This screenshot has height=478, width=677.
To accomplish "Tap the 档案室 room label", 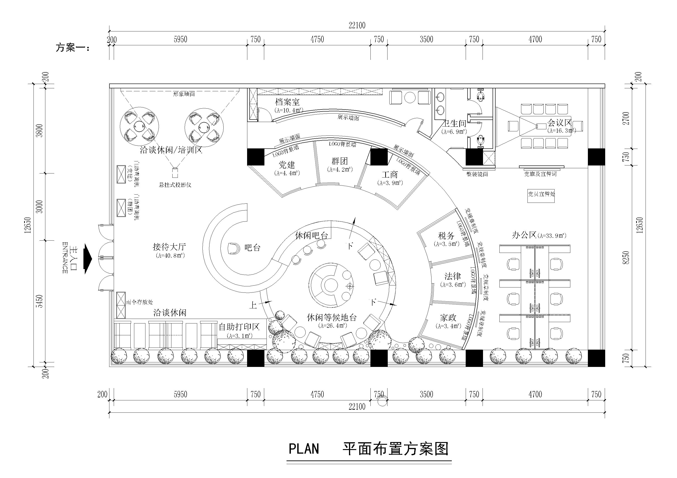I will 287,102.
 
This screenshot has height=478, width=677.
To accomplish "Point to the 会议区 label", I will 559,122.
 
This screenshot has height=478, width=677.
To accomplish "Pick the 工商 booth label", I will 390,175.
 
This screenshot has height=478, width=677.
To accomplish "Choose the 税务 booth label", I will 446,236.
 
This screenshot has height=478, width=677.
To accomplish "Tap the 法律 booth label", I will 453,276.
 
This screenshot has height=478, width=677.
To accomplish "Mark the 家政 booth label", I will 448,318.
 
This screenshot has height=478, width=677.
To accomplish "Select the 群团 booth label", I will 339,161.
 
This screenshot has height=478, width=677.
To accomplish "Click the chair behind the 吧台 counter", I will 235,248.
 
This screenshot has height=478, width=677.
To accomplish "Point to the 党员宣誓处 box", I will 541,194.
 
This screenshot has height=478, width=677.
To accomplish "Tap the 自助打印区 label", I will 239,327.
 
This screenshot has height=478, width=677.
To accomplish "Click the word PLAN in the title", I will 303,449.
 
